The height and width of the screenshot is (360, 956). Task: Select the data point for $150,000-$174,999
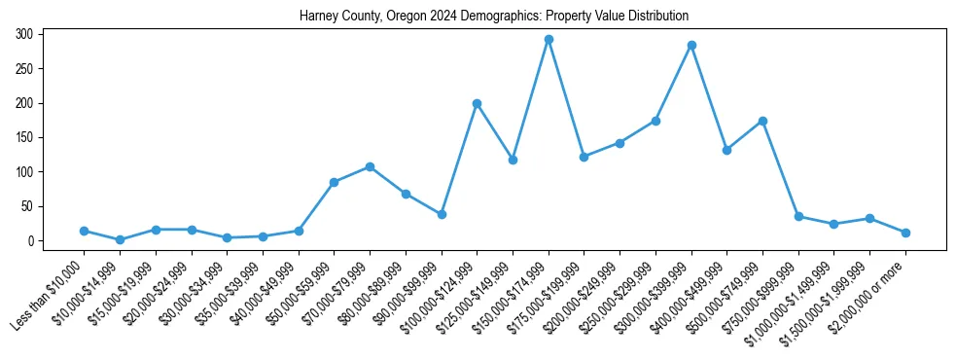coord(549,40)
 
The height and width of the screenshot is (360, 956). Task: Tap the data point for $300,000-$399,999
coord(691,45)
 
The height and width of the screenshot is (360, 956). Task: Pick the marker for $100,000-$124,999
coord(477,103)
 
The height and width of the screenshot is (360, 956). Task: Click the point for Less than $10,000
coord(84,231)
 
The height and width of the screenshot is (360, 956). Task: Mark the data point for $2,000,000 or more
coord(905,233)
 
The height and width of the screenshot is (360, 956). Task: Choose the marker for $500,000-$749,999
coord(762,121)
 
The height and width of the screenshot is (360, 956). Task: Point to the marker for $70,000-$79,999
coord(370,166)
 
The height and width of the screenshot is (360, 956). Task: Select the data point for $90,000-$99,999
coord(442,214)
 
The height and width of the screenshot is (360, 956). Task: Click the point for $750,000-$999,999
coord(798,216)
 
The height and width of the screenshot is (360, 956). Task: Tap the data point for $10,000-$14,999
coord(120,239)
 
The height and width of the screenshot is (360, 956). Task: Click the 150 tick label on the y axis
coord(25,137)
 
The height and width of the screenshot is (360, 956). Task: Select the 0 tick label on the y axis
coord(31,240)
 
